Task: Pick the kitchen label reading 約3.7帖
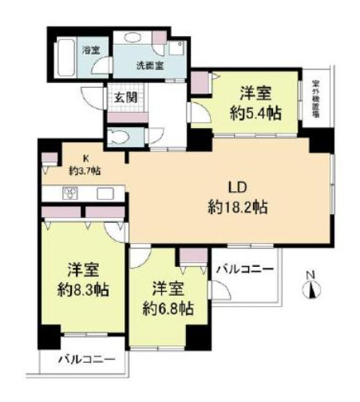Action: [x=83, y=169]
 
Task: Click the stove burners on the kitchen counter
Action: [x=69, y=193]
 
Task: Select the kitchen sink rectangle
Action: [x=105, y=193]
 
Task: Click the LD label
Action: [x=236, y=189]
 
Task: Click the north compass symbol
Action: [x=311, y=287]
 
